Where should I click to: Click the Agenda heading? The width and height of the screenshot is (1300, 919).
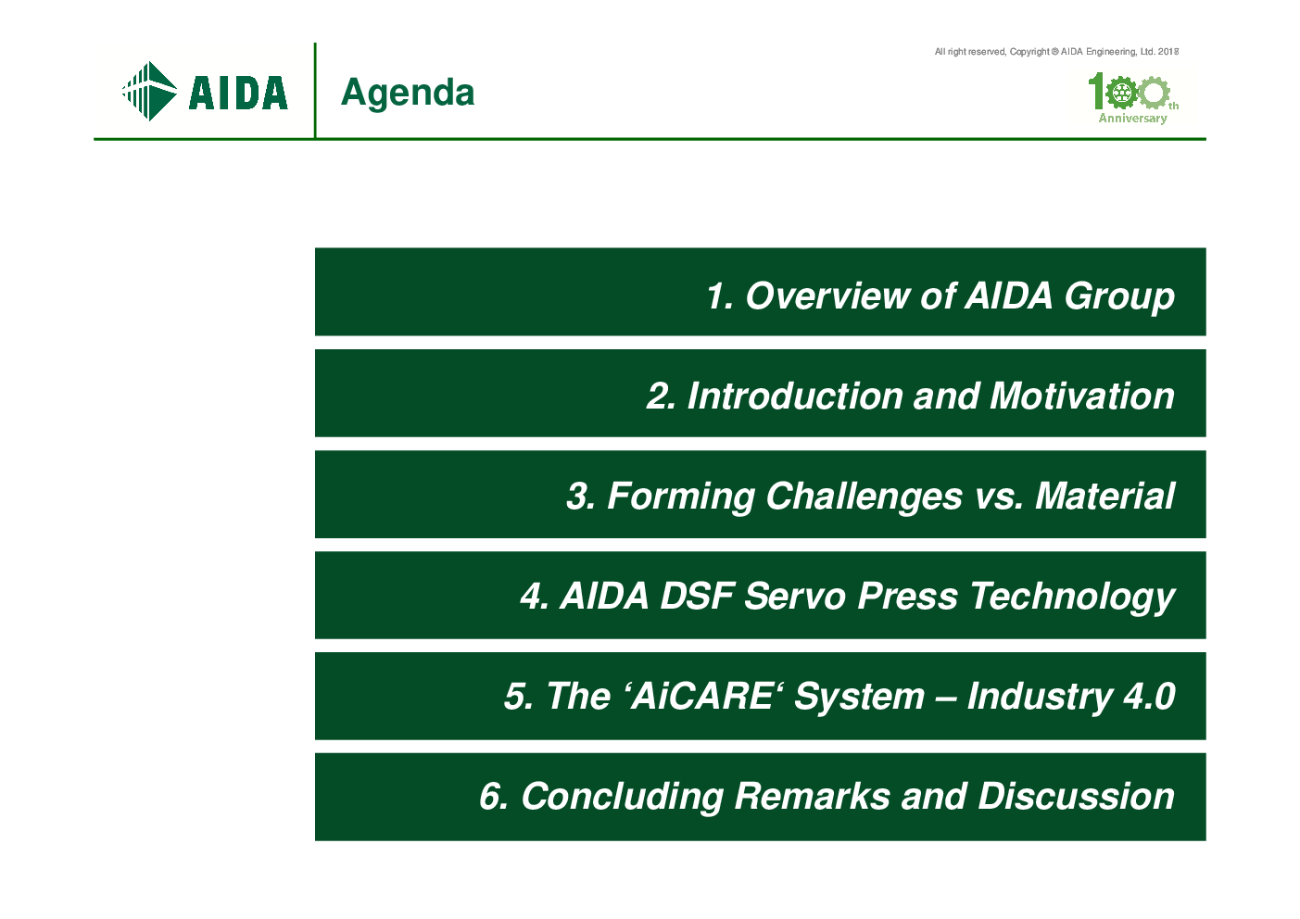[x=408, y=94]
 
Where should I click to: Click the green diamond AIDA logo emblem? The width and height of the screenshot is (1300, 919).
[x=150, y=91]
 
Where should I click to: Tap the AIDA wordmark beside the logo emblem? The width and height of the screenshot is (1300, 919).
[x=238, y=93]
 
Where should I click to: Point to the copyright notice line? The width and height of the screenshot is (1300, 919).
[x=1056, y=52]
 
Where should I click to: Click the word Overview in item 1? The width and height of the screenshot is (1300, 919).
[x=828, y=296]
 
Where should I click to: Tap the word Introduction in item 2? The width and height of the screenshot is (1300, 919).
[x=795, y=397]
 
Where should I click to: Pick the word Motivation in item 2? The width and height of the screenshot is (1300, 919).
[x=1082, y=397]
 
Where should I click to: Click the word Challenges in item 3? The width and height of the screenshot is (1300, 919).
[x=864, y=497]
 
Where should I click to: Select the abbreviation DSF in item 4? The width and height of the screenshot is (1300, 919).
[x=697, y=596]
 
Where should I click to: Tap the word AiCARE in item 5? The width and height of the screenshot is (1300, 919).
[x=702, y=697]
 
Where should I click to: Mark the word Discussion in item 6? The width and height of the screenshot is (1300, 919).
[x=1077, y=797]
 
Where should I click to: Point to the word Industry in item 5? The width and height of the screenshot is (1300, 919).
[x=1040, y=698]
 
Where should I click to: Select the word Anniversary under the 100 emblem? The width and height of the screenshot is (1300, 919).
[x=1132, y=119]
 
